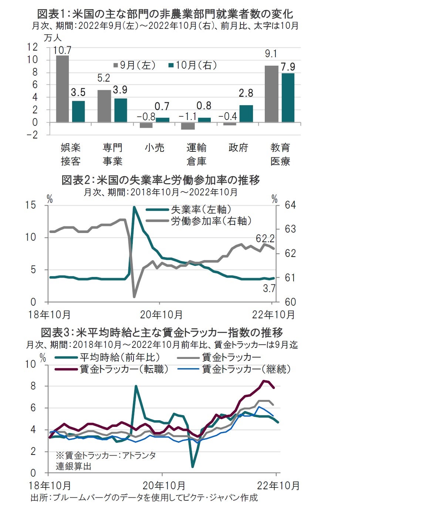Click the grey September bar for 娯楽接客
point(62,89)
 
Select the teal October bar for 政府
point(246,113)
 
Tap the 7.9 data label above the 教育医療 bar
point(288,67)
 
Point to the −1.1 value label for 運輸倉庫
point(187,117)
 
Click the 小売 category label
point(154,148)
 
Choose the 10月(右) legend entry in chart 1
point(192,65)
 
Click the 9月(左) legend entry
point(134,65)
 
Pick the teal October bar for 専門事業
point(121,110)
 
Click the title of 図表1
point(165,14)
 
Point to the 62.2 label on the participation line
point(265,238)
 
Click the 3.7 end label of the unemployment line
point(269,288)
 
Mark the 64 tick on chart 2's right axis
point(290,205)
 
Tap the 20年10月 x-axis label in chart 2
point(162,315)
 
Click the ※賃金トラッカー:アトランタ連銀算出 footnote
point(105,460)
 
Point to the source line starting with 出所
point(144,497)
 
